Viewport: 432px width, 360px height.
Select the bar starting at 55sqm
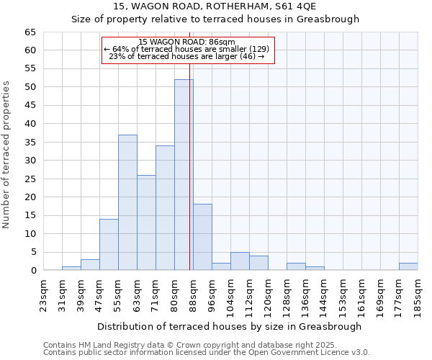coord(127,202)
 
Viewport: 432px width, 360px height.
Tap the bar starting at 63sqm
coord(146,222)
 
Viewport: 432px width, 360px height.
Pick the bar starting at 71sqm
coord(165,208)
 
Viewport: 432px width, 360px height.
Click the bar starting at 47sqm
coord(109,245)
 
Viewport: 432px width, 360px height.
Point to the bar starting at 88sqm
coord(202,237)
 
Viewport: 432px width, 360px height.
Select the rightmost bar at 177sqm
coord(408,266)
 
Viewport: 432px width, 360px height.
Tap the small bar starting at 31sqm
coord(71,268)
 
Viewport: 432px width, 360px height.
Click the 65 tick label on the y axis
coord(30,32)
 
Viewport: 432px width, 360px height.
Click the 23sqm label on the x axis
coord(43,294)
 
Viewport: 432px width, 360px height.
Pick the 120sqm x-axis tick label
coord(268,294)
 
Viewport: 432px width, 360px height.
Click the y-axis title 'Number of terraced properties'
coord(6,155)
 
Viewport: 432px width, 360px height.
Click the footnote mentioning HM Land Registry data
coord(205,345)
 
